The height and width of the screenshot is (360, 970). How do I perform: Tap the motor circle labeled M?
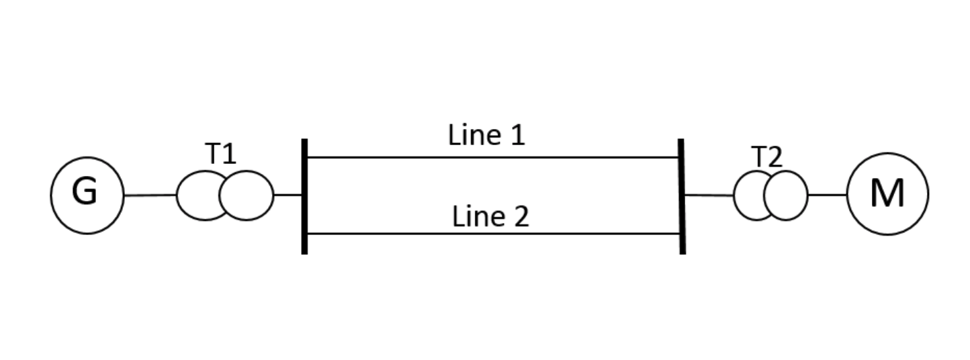(x=887, y=194)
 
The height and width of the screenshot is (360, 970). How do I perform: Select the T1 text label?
(x=220, y=154)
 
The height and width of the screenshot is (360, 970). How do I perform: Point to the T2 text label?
(x=766, y=157)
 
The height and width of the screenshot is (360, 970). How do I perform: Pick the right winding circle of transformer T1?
(x=249, y=195)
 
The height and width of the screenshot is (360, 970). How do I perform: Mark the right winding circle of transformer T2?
(x=789, y=195)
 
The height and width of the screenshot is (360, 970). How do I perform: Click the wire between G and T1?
(x=150, y=195)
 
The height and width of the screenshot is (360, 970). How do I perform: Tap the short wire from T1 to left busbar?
(x=288, y=195)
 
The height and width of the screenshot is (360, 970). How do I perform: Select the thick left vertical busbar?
(x=304, y=196)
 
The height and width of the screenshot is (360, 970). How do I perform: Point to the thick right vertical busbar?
(x=682, y=196)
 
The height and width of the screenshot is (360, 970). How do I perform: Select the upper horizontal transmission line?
(x=493, y=157)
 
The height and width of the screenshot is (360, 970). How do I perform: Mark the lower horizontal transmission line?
(x=493, y=234)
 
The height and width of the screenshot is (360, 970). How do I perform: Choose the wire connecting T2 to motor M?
(x=827, y=195)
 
